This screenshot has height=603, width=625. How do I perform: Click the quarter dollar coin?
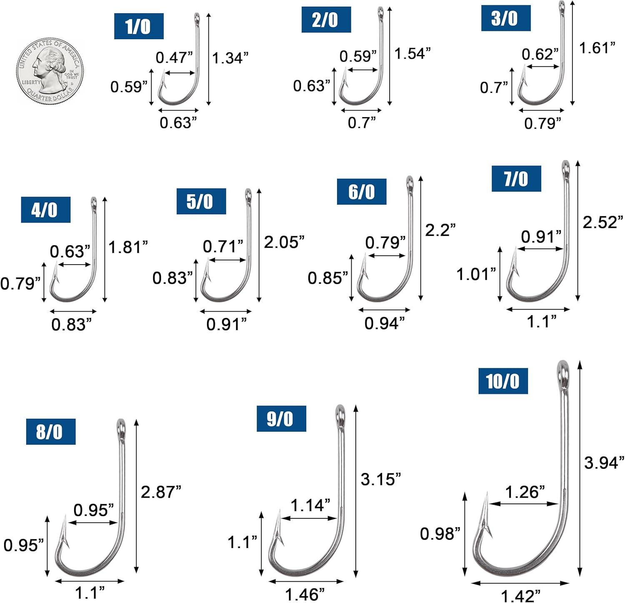pos(50,71)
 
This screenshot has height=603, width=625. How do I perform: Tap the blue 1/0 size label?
pos(139,26)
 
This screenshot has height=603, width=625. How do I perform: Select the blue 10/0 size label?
pos(503,381)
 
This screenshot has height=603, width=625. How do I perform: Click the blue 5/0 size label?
pos(201,201)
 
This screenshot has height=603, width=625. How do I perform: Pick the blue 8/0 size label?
pos(50,431)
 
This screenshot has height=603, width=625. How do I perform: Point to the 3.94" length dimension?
pos(604,462)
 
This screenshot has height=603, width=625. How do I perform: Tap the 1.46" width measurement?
pos(305,594)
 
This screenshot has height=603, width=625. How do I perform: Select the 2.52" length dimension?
pos(603,222)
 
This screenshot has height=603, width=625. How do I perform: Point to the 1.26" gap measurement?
pos(525,492)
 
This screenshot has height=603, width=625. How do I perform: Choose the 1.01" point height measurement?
pos(476,274)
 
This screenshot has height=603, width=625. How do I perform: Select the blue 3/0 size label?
pos(506,18)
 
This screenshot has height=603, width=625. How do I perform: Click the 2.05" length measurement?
pos(284,242)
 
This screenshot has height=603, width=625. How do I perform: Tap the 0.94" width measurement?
pos(384,323)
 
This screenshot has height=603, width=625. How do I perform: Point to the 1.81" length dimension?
pos(128,247)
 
